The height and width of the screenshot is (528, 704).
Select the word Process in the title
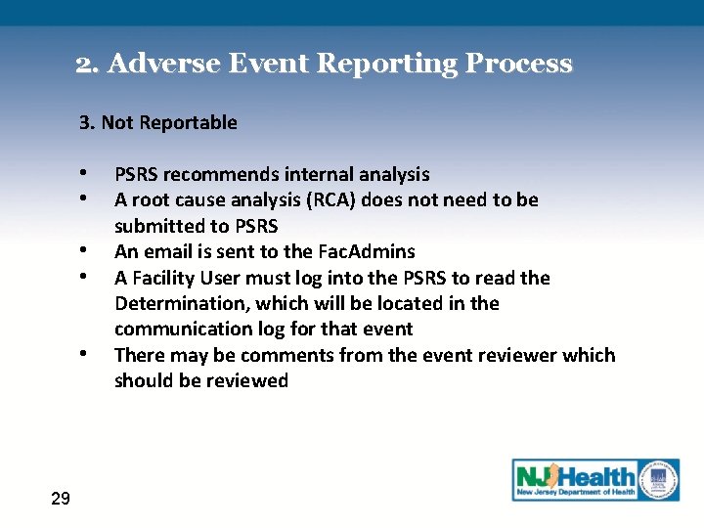[x=519, y=65]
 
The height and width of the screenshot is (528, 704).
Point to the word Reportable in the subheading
[x=190, y=122]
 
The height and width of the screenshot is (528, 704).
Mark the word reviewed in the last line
[x=244, y=381]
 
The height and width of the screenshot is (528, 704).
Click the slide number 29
[x=60, y=500]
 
